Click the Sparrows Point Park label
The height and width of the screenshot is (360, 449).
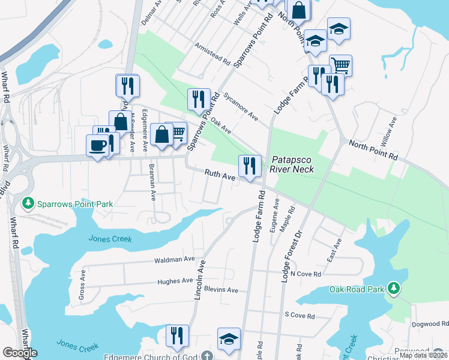[74, 204]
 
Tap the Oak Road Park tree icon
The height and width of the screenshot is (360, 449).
[394, 289]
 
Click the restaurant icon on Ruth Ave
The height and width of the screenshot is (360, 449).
[250, 166]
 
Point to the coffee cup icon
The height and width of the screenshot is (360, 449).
[98, 145]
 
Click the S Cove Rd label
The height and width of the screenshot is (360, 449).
[300, 314]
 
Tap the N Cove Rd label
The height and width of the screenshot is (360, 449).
[306, 274]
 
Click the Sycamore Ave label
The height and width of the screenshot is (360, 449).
[240, 106]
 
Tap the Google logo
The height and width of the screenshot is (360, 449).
[19, 353]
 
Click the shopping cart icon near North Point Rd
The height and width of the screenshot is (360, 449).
[340, 65]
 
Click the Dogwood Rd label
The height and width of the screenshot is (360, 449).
[430, 324]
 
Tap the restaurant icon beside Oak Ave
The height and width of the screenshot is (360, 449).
[199, 100]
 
